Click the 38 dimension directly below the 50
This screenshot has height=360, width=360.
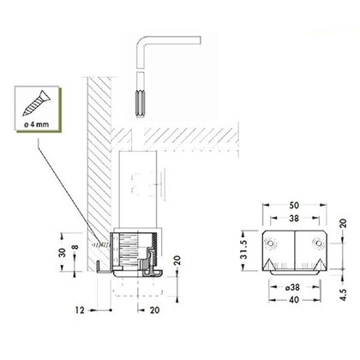point(294,219)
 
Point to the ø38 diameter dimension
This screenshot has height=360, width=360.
point(294,288)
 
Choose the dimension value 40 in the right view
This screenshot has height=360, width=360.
point(294,300)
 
